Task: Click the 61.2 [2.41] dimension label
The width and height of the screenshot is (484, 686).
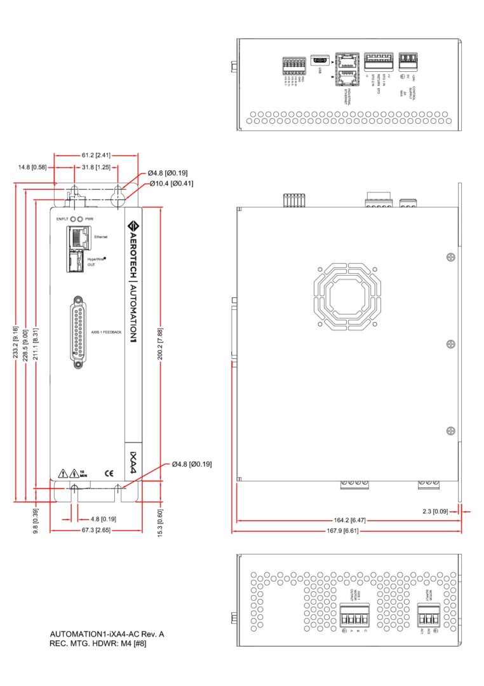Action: tap(97, 154)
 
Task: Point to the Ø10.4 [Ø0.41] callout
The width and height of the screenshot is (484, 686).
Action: tap(171, 184)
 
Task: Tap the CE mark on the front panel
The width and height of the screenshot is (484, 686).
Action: tap(108, 473)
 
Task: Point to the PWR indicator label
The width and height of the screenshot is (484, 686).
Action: tap(90, 219)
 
